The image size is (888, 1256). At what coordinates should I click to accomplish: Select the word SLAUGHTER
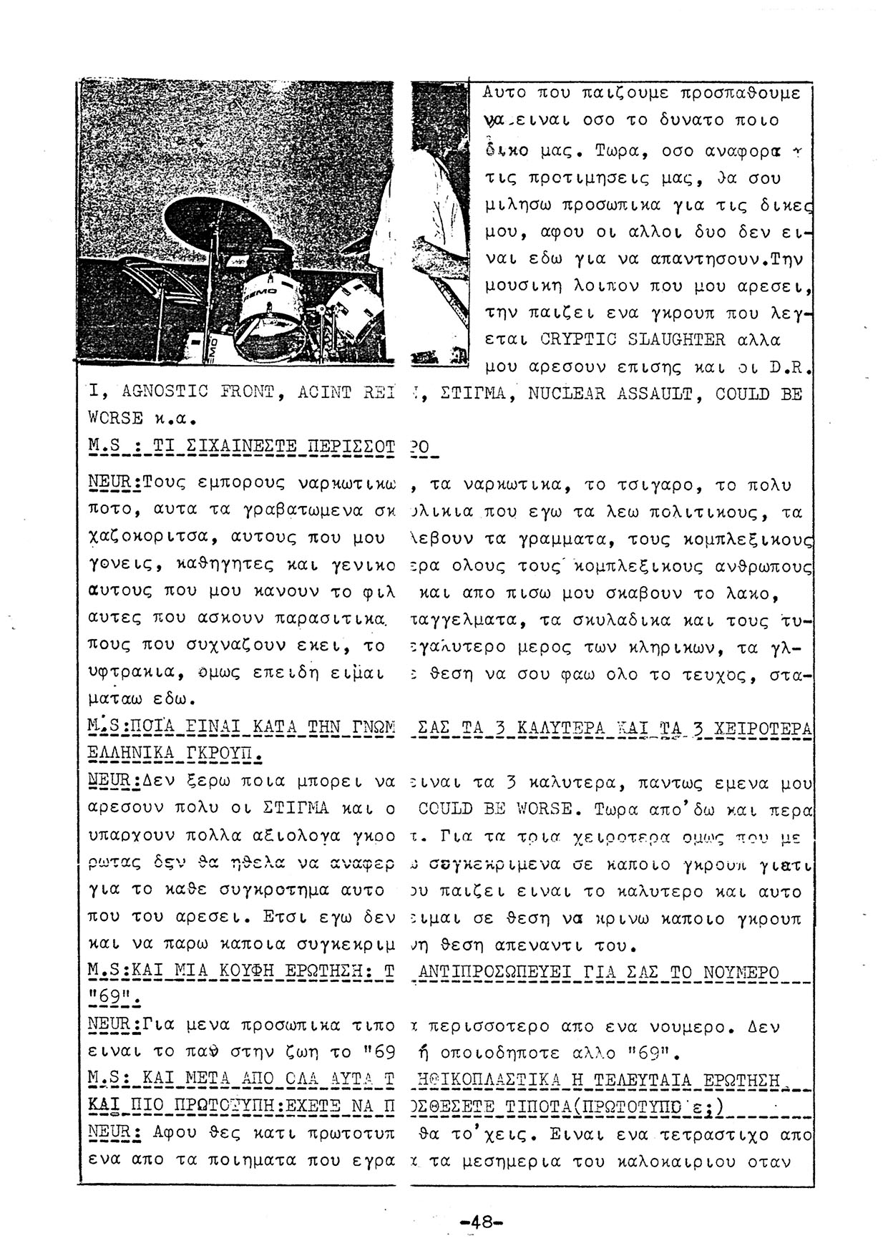click(680, 339)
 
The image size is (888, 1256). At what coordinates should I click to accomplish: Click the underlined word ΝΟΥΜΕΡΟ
click(743, 973)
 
